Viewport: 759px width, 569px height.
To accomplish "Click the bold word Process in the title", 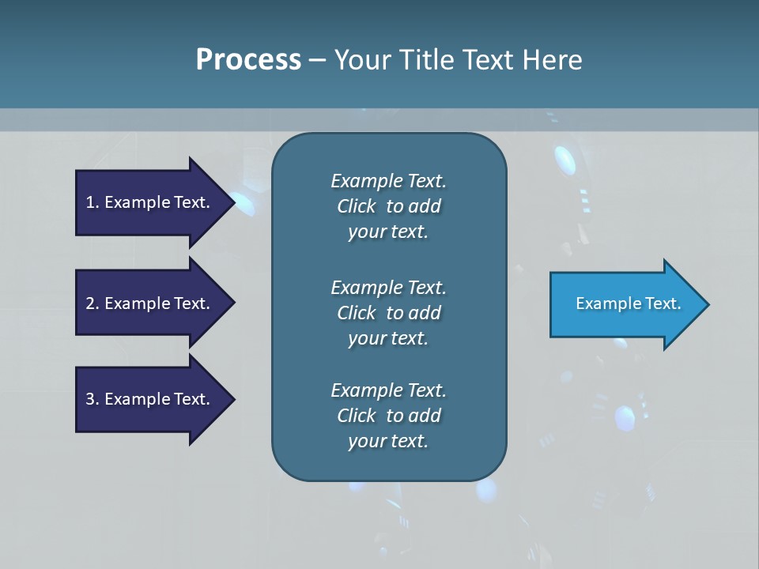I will [248, 60].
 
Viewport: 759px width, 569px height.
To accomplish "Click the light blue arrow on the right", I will [625, 303].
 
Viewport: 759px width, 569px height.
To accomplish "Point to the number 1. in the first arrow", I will [93, 202].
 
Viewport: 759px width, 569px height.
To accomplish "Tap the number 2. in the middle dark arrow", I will [93, 303].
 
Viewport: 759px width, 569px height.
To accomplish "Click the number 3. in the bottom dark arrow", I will [93, 399].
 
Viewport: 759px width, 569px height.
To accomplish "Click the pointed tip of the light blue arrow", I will [706, 304].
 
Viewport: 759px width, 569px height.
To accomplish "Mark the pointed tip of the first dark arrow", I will [232, 202].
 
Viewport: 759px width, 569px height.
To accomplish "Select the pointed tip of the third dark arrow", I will [232, 399].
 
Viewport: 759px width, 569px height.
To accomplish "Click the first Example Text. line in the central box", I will [388, 181].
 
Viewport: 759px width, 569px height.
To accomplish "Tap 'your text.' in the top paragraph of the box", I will [388, 232].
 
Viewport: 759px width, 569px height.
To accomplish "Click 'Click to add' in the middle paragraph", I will [388, 313].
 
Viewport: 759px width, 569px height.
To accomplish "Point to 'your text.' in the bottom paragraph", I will [388, 441].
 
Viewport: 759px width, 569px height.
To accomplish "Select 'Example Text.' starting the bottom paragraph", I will [388, 390].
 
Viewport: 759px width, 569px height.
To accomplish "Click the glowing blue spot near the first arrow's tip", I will [244, 205].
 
